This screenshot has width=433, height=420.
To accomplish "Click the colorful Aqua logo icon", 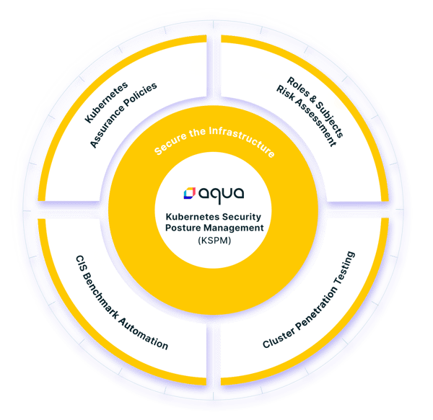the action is pyautogui.click(x=190, y=193).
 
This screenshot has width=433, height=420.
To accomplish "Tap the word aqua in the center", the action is pyautogui.click(x=222, y=195).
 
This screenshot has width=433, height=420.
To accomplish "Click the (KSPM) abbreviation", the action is pyautogui.click(x=214, y=241).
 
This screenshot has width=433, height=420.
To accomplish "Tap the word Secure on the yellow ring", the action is pyautogui.click(x=170, y=144).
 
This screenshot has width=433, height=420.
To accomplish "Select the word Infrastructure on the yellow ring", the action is pyautogui.click(x=242, y=140).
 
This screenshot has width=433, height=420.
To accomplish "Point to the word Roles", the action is pyautogui.click(x=297, y=86).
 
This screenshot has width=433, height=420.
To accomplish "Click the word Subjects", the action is pyautogui.click(x=330, y=120).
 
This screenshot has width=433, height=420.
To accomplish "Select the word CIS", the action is pyautogui.click(x=80, y=263).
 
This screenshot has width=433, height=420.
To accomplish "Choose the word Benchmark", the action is pyautogui.click(x=100, y=296).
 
